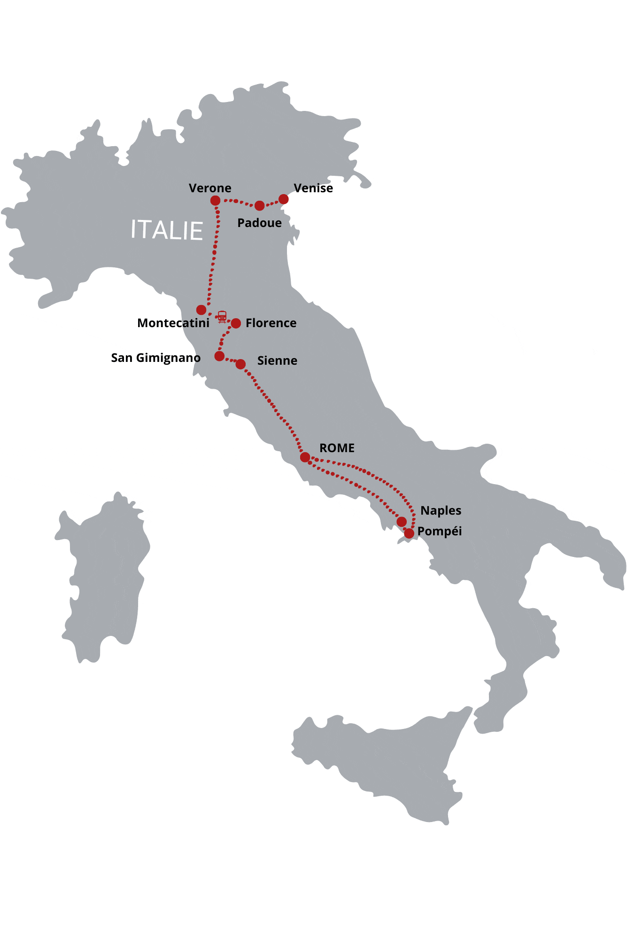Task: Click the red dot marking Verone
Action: coord(215,201)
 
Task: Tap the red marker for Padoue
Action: coord(259,205)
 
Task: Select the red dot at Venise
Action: coord(284,199)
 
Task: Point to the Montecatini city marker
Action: coord(201,310)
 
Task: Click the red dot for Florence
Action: coord(236,323)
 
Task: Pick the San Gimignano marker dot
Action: coord(219,356)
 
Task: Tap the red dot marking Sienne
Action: coord(240,364)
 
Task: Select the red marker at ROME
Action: coord(305,457)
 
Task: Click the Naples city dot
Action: coord(402,522)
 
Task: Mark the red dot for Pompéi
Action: coord(409,533)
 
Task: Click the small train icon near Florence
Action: coord(222,316)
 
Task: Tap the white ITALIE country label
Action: coord(167,230)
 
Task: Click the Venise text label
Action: coord(313,188)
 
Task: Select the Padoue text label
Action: coord(259,223)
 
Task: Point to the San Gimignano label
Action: coord(155,358)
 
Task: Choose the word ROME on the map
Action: coord(337,448)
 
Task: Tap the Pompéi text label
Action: coord(439,532)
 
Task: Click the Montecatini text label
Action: coord(173,323)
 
